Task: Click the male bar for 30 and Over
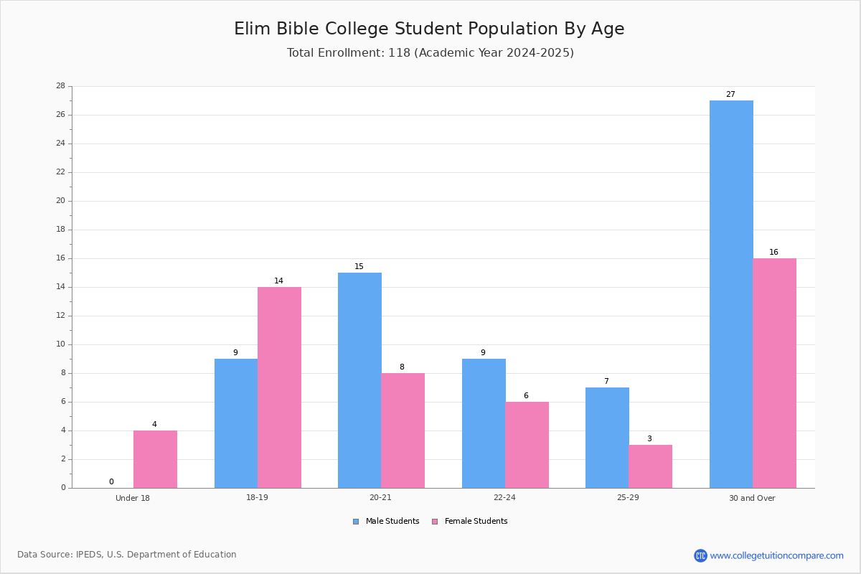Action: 731,294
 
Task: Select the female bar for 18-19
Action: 279,387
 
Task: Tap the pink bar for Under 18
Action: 155,459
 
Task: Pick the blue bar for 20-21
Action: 359,380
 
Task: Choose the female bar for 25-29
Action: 650,466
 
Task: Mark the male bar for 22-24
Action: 484,423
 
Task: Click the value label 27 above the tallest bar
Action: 730,94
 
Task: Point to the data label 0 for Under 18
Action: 111,481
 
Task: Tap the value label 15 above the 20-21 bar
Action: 359,266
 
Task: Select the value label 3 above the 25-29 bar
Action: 649,438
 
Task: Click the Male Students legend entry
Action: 386,522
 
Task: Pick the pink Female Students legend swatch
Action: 435,522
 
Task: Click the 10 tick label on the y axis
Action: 61,344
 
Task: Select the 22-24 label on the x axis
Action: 504,497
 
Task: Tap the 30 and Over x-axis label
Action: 752,498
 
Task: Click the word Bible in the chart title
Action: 298,29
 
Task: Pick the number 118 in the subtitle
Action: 400,52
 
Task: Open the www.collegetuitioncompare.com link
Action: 777,555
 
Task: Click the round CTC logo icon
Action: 700,555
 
